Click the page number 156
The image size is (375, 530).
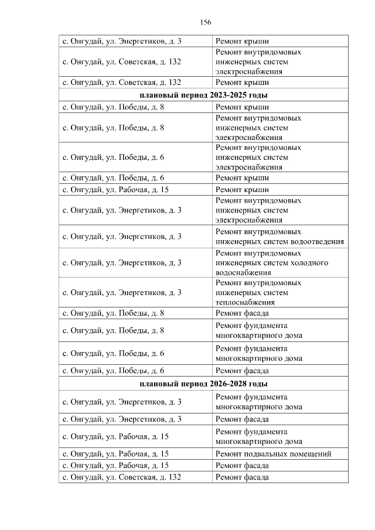pyautogui.click(x=205, y=22)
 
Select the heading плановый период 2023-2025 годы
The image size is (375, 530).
pyautogui.click(x=204, y=95)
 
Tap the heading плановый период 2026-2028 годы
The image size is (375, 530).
pyautogui.click(x=204, y=384)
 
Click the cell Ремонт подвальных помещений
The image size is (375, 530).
pyautogui.click(x=273, y=454)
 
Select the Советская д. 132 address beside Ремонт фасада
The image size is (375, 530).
pyautogui.click(x=121, y=477)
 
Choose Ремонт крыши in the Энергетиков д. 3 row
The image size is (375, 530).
pyautogui.click(x=242, y=42)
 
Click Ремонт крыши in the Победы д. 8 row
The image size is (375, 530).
pyautogui.click(x=242, y=107)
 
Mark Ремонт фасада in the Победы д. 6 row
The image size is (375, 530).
pyautogui.click(x=242, y=371)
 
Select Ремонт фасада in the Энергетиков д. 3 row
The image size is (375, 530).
pyautogui.click(x=242, y=419)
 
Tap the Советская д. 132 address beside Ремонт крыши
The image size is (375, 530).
pyautogui.click(x=121, y=83)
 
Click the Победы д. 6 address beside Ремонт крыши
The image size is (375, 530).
pyautogui.click(x=113, y=178)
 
